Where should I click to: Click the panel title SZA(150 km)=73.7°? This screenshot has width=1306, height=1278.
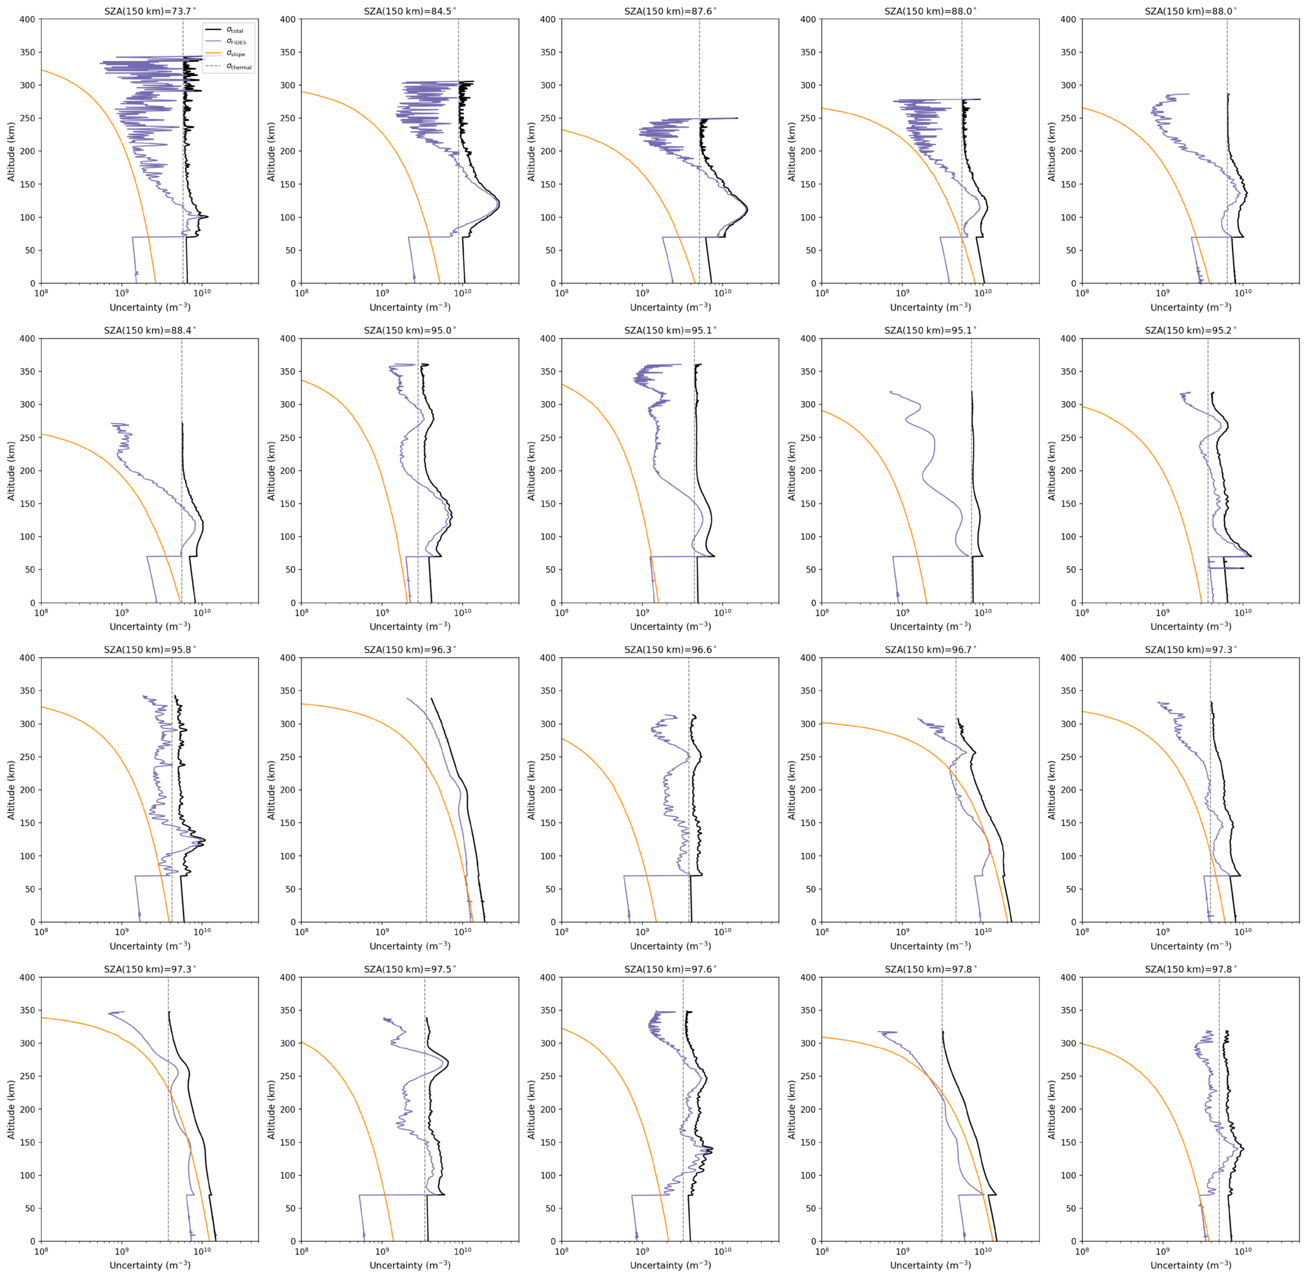(x=150, y=11)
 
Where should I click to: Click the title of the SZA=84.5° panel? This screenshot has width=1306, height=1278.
(x=410, y=11)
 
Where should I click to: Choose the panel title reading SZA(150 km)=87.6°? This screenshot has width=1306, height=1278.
(x=670, y=11)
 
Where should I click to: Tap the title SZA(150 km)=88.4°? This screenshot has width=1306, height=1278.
(x=150, y=331)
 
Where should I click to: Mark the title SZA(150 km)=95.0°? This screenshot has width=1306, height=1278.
(x=410, y=331)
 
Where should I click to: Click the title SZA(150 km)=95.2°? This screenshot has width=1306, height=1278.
(x=1190, y=331)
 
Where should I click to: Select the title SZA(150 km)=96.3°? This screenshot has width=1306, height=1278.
(x=410, y=650)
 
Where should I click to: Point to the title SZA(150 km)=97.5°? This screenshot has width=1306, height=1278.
(x=410, y=970)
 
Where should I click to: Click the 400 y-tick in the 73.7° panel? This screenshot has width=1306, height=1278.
(x=27, y=20)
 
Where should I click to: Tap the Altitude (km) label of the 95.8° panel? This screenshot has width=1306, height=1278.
(x=11, y=790)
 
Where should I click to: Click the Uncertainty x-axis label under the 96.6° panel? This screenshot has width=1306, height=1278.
(x=670, y=946)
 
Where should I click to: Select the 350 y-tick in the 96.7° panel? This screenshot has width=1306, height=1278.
(x=808, y=690)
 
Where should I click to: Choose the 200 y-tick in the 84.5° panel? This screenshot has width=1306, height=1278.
(x=287, y=151)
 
